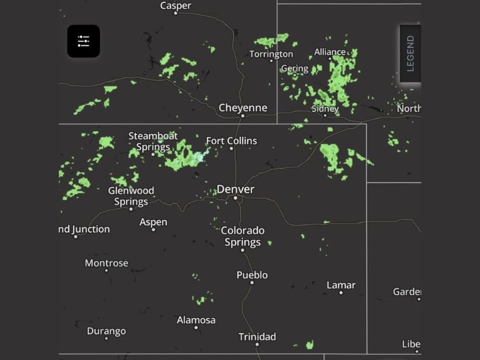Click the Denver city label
[x=235, y=189]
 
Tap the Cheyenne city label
[x=242, y=108]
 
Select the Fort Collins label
[x=231, y=141]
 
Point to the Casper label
[x=176, y=5]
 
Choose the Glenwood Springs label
[x=131, y=196]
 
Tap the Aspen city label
[x=153, y=222]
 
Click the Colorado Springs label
[x=242, y=236]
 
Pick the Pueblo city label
[x=252, y=275]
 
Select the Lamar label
[x=341, y=285]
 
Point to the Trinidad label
[x=257, y=337]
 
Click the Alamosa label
[x=196, y=320]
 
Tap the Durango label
[x=106, y=331]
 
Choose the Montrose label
[x=106, y=263]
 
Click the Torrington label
[x=271, y=54]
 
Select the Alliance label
[x=330, y=52]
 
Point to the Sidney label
[x=325, y=109]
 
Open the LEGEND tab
[x=410, y=53]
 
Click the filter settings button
[x=83, y=41]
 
